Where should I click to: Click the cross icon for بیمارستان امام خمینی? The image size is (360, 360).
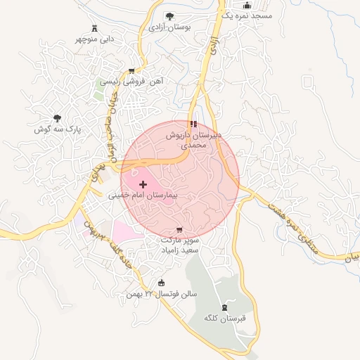pyautogui.click(x=143, y=184)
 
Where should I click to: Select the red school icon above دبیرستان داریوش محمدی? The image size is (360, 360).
pyautogui.click(x=193, y=124)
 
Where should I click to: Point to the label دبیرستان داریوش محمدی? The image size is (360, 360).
pyautogui.click(x=193, y=139)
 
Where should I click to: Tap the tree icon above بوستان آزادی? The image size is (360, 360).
pyautogui.click(x=169, y=16)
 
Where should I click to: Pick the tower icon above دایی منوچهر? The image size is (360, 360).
pyautogui.click(x=95, y=28)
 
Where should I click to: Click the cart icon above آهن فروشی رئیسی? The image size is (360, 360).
pyautogui.click(x=131, y=71)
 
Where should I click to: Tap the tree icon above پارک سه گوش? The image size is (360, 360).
pyautogui.click(x=58, y=119)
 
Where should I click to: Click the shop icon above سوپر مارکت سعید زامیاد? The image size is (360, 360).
pyautogui.click(x=179, y=230)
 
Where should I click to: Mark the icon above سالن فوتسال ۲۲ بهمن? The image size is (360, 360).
pyautogui.click(x=162, y=283)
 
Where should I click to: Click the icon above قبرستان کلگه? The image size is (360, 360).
pyautogui.click(x=224, y=307)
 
